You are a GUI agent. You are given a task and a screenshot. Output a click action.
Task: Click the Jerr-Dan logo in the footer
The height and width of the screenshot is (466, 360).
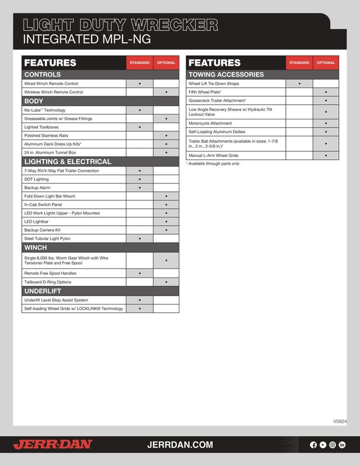tap(52, 445)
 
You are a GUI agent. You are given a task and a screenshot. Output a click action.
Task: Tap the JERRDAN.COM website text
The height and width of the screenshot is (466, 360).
tap(180, 445)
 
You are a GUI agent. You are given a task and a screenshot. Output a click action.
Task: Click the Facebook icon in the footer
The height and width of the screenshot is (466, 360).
tap(314, 445)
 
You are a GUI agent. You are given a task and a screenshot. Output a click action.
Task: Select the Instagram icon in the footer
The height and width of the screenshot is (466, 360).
tap(332, 445)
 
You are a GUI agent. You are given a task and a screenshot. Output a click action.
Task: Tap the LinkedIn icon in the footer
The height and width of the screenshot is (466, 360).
tap(342, 445)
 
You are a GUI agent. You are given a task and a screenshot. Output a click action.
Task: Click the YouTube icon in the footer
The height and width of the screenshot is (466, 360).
tap(323, 445)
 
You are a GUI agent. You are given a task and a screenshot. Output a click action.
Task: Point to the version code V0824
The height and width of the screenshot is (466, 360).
tap(340, 421)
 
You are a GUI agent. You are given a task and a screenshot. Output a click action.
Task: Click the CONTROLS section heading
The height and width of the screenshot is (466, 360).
tap(43, 74)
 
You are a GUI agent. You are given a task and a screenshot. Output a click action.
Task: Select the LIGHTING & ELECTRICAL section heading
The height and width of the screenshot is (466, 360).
tap(67, 162)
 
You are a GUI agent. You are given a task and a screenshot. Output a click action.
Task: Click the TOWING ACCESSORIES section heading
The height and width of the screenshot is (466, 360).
tap(226, 74)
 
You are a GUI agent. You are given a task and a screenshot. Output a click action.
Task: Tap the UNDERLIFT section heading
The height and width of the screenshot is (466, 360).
tap(43, 291)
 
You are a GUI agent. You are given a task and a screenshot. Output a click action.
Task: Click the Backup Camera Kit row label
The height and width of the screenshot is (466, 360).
tap(42, 230)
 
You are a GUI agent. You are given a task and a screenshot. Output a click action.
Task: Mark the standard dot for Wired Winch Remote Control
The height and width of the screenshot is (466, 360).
tap(139, 83)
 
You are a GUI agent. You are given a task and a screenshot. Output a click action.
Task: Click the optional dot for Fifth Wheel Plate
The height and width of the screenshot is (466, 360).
tap(326, 92)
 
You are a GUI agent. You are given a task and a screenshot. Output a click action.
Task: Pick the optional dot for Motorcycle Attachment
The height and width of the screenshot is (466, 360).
tap(326, 123)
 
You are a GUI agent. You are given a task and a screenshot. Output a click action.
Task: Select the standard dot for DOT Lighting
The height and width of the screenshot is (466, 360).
tap(139, 179)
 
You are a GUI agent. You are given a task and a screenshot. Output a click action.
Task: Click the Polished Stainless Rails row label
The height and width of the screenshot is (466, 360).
tap(46, 136)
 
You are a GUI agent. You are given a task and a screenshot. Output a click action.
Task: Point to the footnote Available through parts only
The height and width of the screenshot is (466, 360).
tap(213, 164)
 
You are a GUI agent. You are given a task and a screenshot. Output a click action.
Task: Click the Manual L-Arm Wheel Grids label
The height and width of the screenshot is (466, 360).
tap(214, 155)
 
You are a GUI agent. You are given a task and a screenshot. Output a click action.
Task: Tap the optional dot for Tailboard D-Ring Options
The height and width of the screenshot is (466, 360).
tap(166, 282)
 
